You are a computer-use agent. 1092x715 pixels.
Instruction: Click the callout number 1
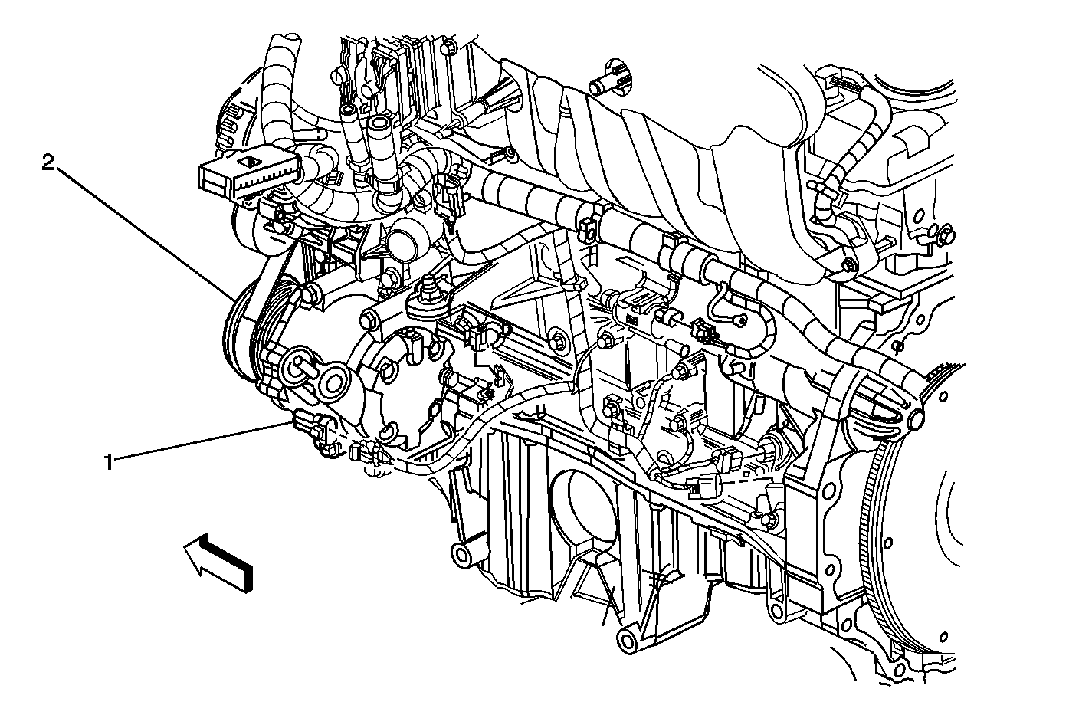coord(109,461)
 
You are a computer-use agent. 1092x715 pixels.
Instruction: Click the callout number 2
coord(48,163)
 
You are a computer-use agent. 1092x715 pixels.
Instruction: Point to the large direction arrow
coord(218,562)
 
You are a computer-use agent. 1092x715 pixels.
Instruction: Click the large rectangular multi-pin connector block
coord(248,175)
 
